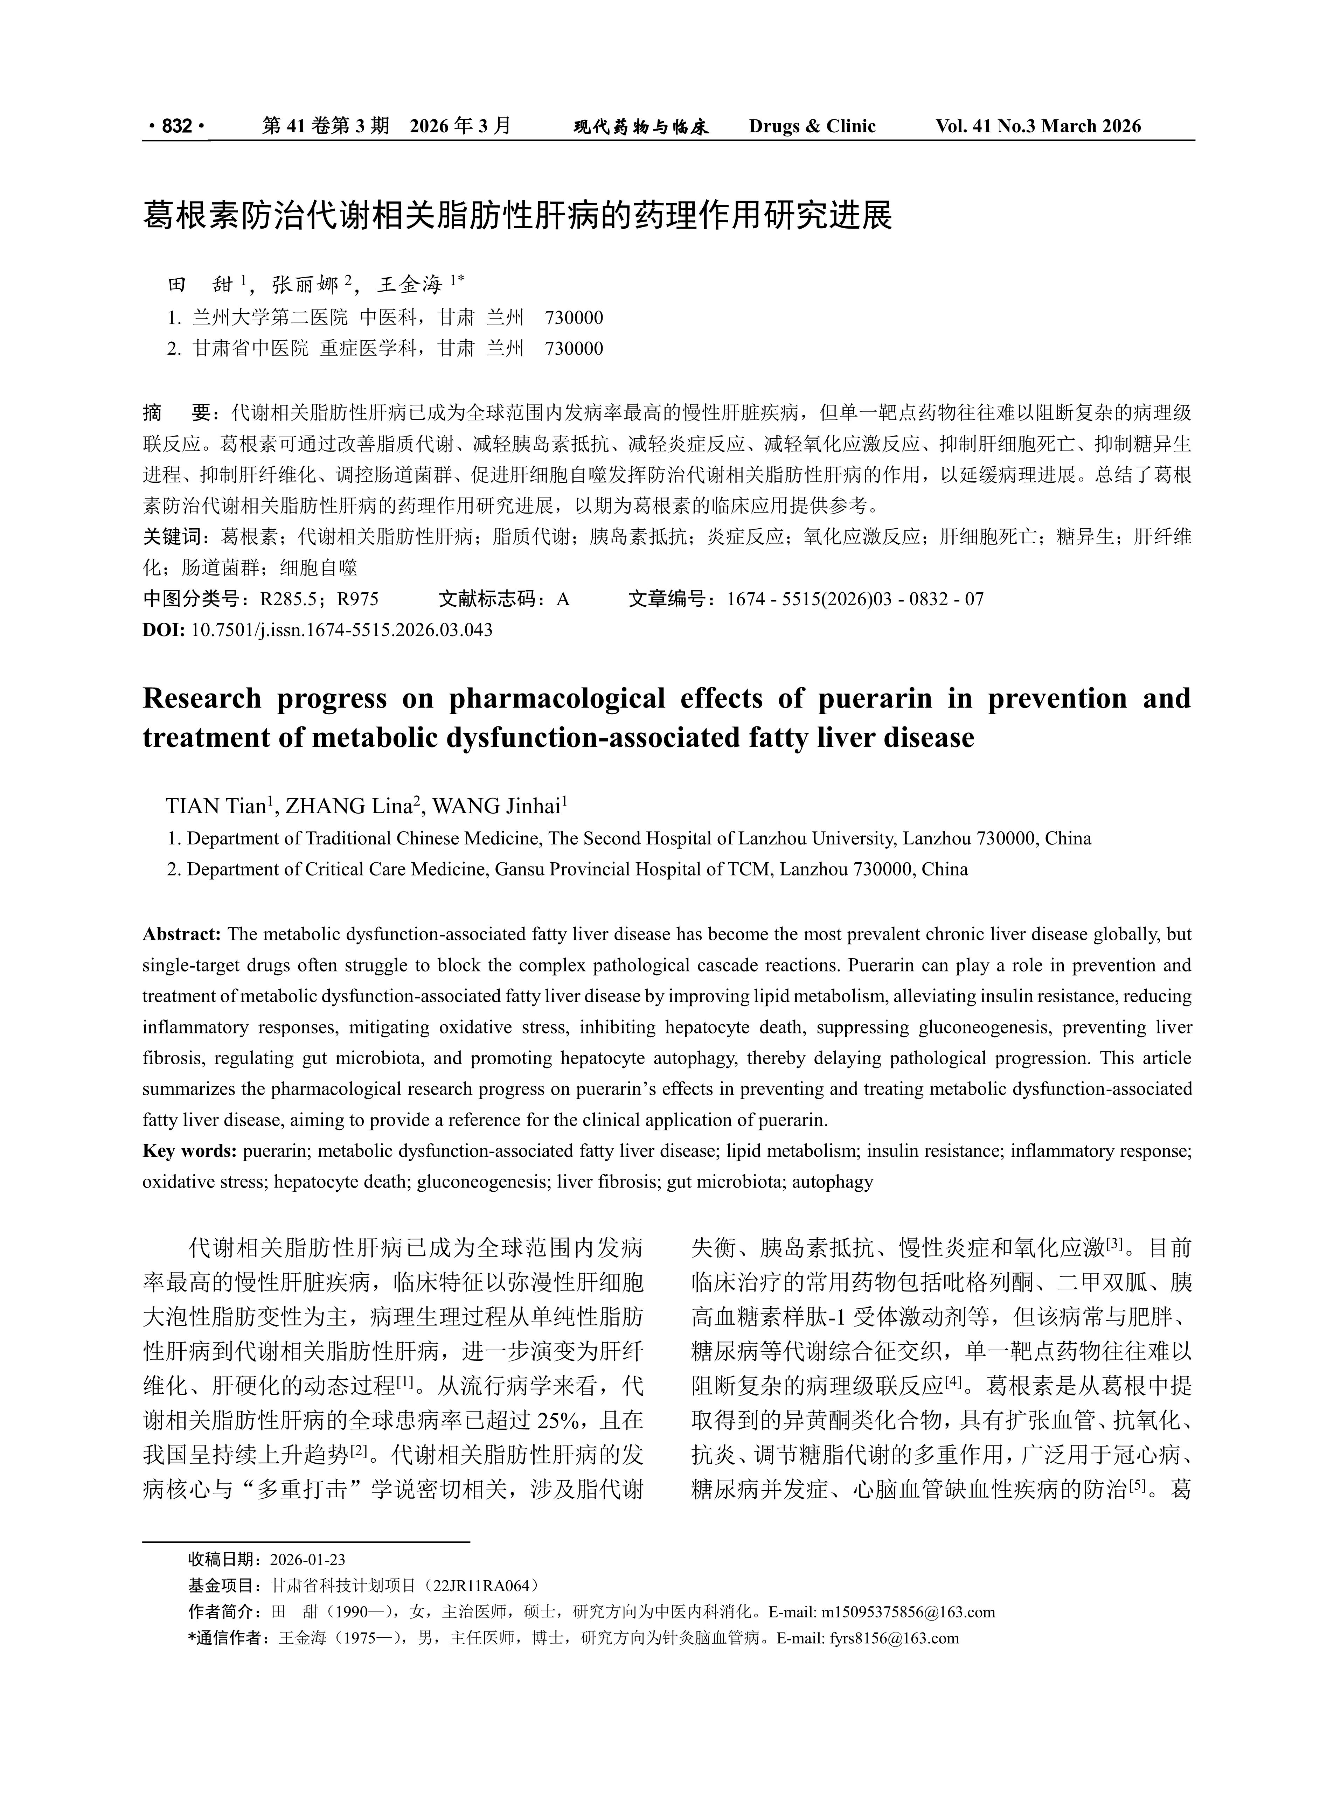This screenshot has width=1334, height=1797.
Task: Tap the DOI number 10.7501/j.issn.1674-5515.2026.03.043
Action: pyautogui.click(x=342, y=630)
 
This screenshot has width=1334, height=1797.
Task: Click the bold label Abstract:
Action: pyautogui.click(x=182, y=934)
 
